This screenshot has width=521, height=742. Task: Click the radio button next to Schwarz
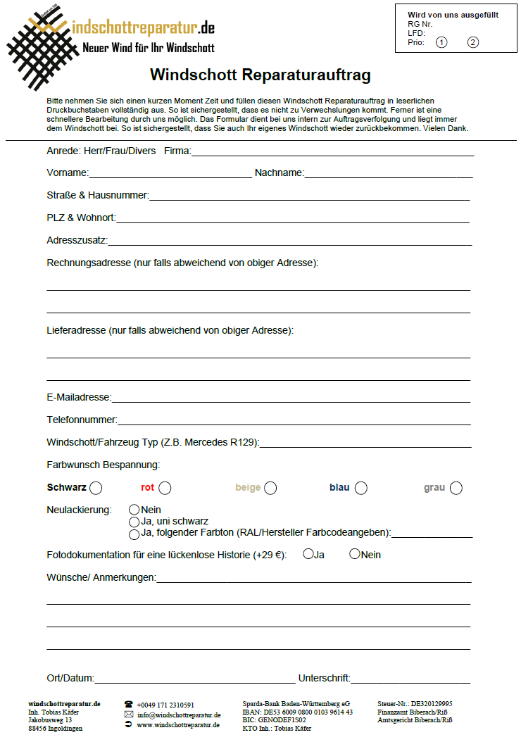96,488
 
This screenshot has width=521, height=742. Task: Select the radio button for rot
165,488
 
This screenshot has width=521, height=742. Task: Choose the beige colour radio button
270,488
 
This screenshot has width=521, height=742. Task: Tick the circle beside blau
361,488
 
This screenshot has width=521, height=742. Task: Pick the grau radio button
456,488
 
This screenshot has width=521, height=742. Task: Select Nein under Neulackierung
134,509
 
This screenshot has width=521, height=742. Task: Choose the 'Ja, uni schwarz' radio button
134,522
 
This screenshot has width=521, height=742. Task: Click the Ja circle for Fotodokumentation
308,554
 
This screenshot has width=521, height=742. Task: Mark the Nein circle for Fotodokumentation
355,554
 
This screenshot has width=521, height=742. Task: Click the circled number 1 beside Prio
441,42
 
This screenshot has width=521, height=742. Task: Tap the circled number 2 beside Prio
473,42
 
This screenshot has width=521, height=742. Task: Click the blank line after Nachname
388,174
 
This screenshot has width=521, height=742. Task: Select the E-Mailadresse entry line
291,398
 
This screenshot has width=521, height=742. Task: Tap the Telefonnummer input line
294,421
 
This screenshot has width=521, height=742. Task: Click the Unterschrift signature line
410,679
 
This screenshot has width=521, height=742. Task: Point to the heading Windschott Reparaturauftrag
260,75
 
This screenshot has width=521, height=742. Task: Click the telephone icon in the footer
129,704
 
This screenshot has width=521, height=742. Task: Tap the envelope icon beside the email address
129,715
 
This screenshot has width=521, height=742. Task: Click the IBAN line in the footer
297,712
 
